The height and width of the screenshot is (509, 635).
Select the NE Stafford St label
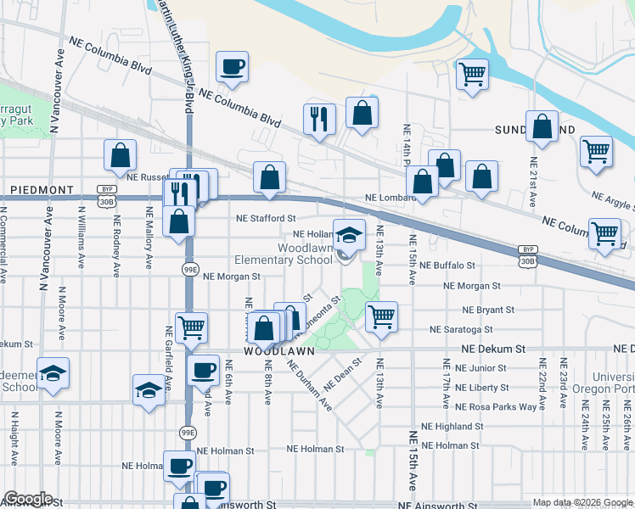pyautogui.click(x=266, y=218)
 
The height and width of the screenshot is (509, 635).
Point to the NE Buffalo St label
pyautogui.click(x=466, y=266)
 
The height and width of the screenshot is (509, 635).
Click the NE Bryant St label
pyautogui.click(x=483, y=310)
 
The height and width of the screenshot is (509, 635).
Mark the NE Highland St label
pyautogui.click(x=458, y=427)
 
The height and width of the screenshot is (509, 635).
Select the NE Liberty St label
pyautogui.click(x=481, y=387)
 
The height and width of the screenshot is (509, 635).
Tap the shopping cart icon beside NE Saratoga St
pyautogui.click(x=381, y=316)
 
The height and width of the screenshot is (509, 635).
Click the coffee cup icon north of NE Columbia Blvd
pyautogui.click(x=231, y=66)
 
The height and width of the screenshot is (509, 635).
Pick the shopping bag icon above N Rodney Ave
pyautogui.click(x=121, y=155)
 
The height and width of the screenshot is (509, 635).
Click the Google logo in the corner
pyautogui.click(x=28, y=499)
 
